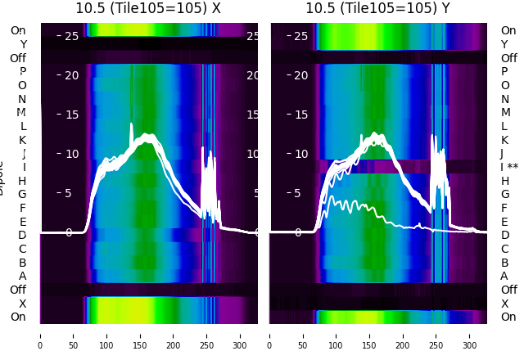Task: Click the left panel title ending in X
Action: [x=150, y=9]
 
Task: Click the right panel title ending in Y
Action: [x=379, y=9]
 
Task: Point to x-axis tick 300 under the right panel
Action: [x=470, y=335]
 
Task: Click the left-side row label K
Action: [x=22, y=140]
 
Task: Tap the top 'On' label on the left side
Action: [x=18, y=30]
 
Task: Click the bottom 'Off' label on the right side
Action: [x=508, y=290]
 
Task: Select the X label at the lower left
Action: [x=22, y=304]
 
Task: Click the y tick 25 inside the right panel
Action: [x=300, y=36]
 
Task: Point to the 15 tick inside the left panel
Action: [x=71, y=115]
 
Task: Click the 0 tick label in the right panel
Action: [x=298, y=232]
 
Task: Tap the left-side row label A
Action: [x=22, y=276]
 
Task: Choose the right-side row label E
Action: [x=504, y=222]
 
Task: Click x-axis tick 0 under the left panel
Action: [x=40, y=335]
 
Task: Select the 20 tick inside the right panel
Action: [x=300, y=75]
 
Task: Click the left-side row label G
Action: [x=22, y=195]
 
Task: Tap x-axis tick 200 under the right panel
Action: [x=403, y=335]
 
